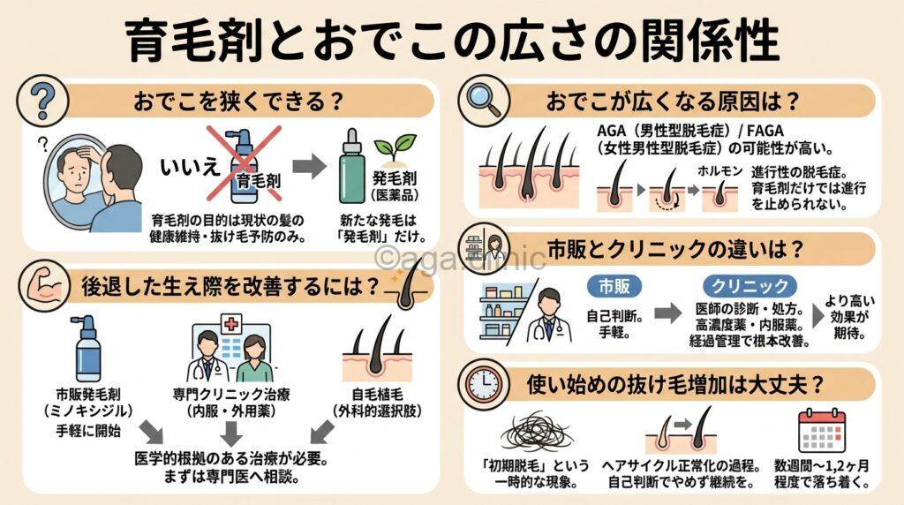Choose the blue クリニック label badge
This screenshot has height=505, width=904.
coord(750,286)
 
